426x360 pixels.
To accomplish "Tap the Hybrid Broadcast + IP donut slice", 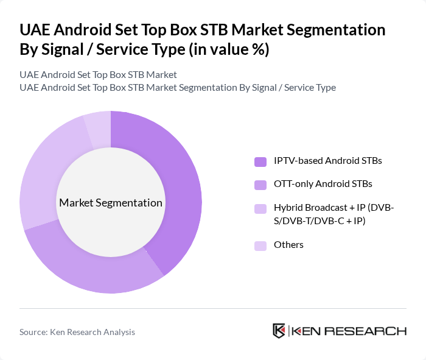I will (x=43, y=171).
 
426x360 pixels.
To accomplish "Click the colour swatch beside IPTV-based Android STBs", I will (x=260, y=161).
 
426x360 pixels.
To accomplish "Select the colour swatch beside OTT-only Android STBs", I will (x=260, y=184).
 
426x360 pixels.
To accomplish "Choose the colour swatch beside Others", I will (x=260, y=245).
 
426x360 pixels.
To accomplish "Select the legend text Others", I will (x=288, y=245).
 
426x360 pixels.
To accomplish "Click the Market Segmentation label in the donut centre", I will (x=111, y=203).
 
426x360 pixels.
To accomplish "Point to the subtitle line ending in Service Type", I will (x=178, y=87).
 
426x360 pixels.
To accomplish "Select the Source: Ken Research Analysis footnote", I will (x=77, y=332).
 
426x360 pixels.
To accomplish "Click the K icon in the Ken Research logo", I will (x=279, y=331).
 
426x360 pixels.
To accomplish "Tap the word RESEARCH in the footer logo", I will (x=372, y=331).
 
